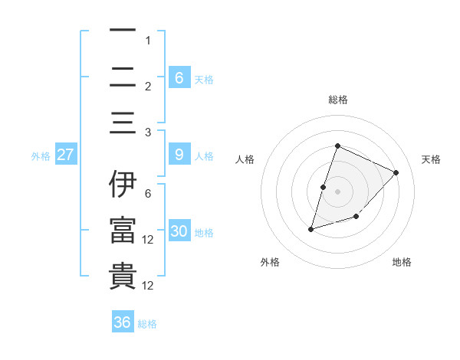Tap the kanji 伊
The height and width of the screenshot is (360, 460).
(123, 185)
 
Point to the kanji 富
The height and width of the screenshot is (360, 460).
(123, 231)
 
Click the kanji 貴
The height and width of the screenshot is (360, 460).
(123, 277)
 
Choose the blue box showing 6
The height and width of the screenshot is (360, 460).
(179, 77)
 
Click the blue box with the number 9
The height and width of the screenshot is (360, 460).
(179, 155)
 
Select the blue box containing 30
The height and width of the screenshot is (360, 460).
(179, 231)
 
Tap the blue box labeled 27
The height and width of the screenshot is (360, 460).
(66, 155)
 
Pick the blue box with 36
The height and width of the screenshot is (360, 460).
(123, 322)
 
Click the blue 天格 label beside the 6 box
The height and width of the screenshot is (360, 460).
(204, 80)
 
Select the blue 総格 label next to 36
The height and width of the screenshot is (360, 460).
(147, 325)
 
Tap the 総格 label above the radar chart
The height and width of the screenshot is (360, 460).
(337, 100)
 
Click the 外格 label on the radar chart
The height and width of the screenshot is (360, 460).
(270, 262)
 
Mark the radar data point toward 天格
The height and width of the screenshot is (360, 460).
(396, 172)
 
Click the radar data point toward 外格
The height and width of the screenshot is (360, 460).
(311, 228)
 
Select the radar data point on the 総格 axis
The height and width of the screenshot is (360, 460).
(337, 146)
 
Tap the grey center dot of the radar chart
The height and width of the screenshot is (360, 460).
(337, 191)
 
